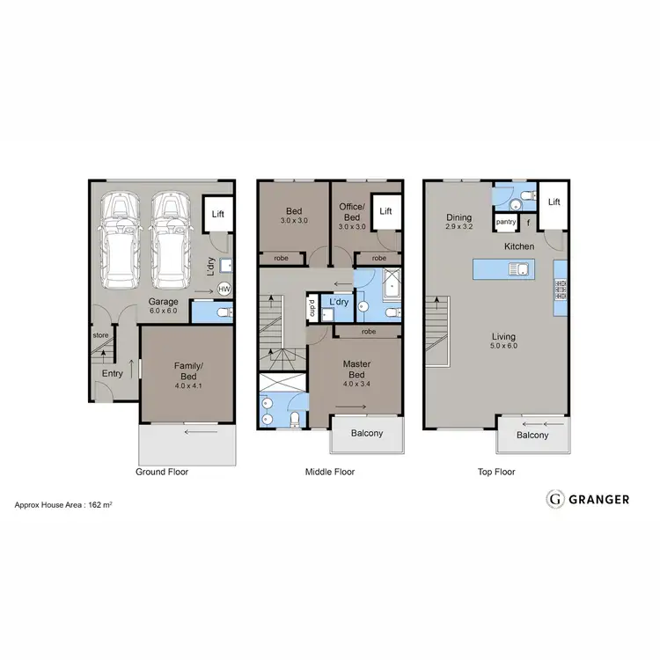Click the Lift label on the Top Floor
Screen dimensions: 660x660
coord(554,202)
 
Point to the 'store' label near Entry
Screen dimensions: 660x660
coord(100,335)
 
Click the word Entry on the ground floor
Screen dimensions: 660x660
coord(112,374)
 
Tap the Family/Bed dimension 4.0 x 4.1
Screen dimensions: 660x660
coord(188,385)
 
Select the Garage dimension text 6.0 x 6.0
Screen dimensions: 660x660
coord(163,312)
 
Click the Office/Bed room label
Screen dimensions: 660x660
coord(350,212)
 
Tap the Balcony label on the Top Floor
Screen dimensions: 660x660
coord(532,435)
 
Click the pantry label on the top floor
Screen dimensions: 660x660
coord(505,223)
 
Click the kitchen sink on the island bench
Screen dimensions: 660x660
coord(521,269)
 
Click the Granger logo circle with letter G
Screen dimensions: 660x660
coord(555,499)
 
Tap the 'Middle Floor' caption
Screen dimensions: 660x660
coord(329,472)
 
